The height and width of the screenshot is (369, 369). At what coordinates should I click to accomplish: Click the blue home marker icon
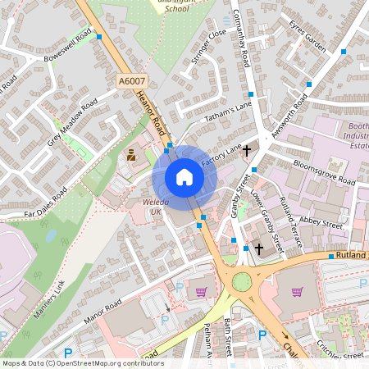(x=184, y=177)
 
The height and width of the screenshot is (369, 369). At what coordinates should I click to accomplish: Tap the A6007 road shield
(x=131, y=81)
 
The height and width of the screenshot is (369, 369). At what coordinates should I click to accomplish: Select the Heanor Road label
(x=151, y=111)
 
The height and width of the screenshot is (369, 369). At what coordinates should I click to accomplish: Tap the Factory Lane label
(x=223, y=154)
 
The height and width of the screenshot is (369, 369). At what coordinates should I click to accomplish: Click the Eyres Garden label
(x=307, y=38)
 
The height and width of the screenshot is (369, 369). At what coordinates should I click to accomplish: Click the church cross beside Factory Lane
(x=246, y=150)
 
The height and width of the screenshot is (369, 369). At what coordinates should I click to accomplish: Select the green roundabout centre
(x=242, y=282)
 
